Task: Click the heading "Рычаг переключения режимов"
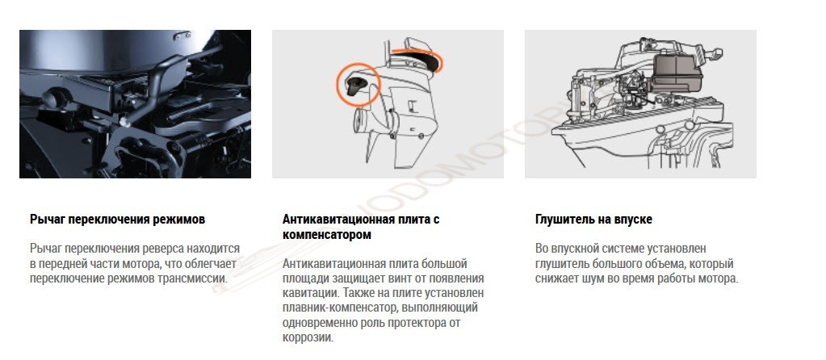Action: [x=117, y=219]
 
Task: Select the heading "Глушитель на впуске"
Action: [x=593, y=219]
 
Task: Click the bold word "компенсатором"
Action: [x=327, y=235]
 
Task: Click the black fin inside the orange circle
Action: [x=356, y=85]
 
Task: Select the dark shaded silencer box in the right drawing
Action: [x=677, y=73]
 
